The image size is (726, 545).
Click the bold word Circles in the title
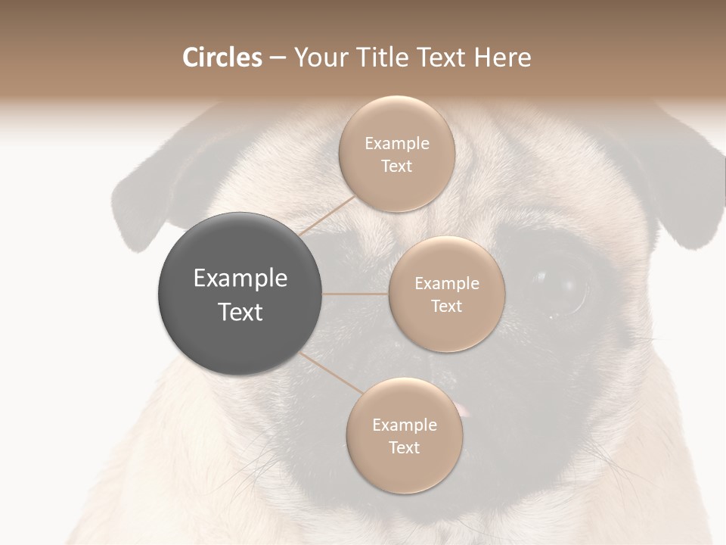point(222,58)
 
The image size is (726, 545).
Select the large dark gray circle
point(240,294)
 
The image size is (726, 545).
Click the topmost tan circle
point(396,154)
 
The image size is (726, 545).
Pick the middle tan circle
point(446,294)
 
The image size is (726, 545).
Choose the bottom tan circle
point(404,435)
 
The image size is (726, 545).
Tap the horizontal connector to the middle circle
point(355,294)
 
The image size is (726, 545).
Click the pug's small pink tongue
point(462,410)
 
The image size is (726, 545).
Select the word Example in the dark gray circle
point(240,279)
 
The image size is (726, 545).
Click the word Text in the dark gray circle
point(240,312)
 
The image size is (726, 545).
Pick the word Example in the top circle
point(396,144)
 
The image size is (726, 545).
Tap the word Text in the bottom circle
point(404,447)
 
